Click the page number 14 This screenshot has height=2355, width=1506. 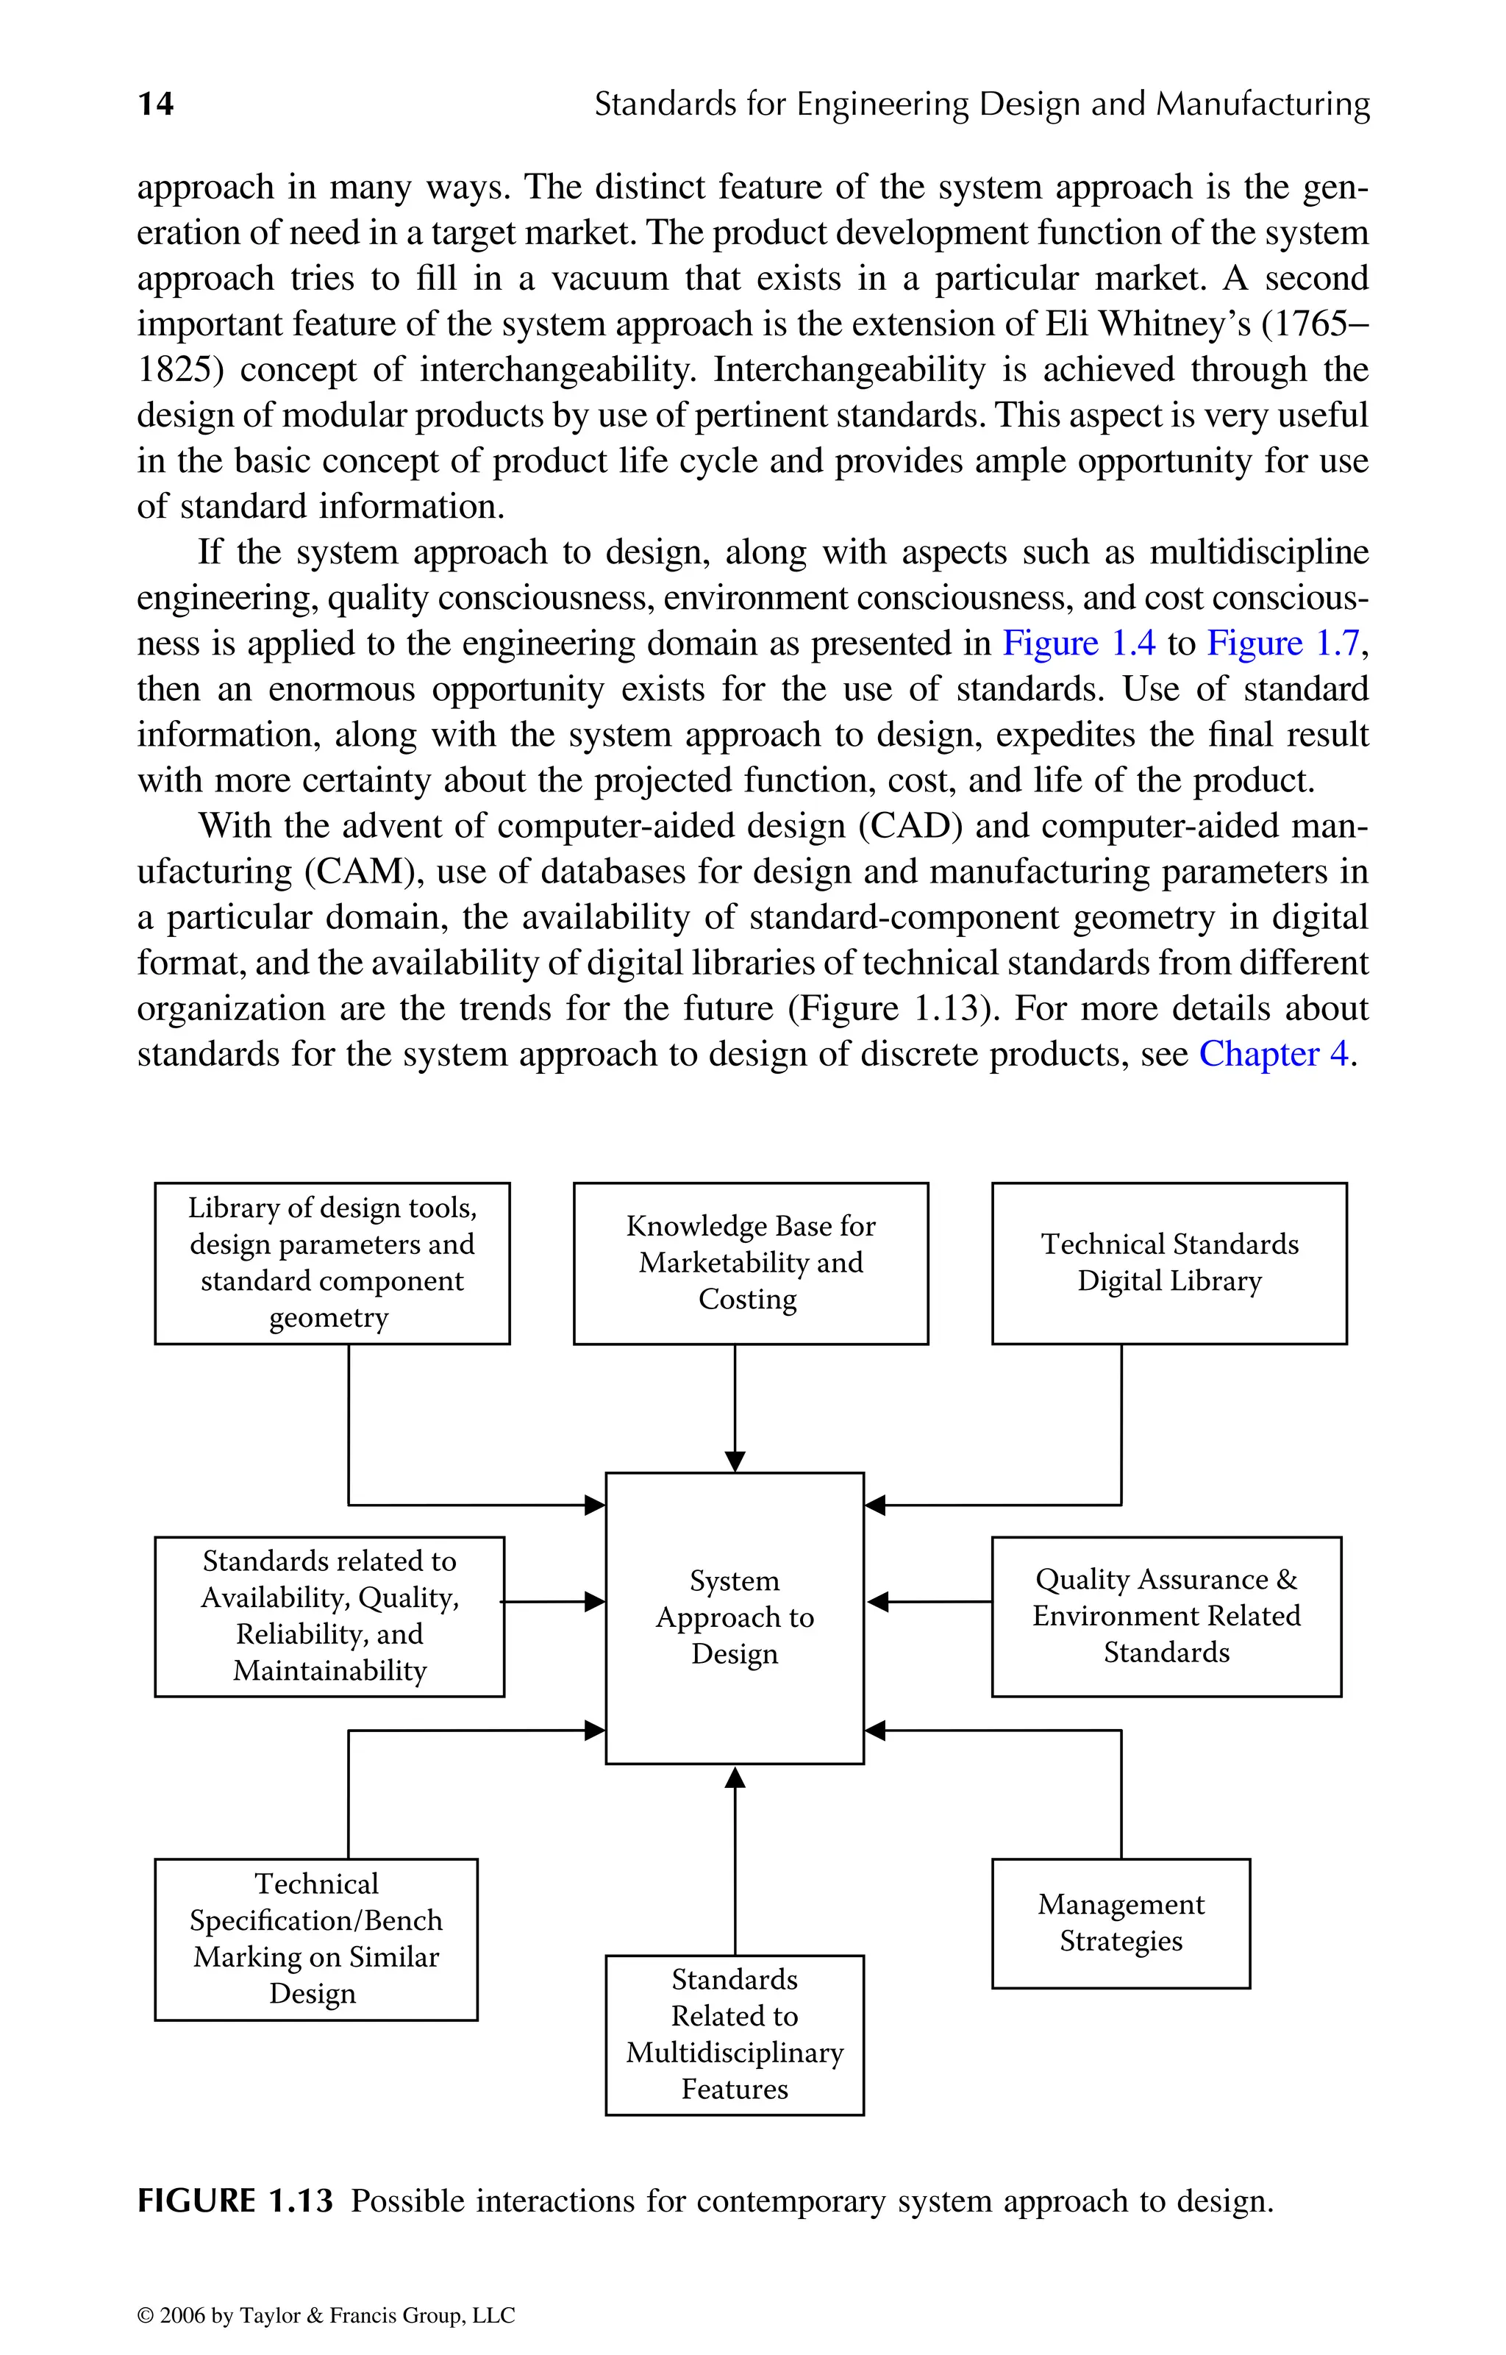point(155,104)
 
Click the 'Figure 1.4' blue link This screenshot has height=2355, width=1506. point(1078,644)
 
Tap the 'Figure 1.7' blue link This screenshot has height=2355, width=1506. point(1283,644)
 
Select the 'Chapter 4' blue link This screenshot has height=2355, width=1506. point(1273,1054)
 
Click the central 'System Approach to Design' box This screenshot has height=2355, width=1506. point(735,1617)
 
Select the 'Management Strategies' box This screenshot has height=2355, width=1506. point(1121,1923)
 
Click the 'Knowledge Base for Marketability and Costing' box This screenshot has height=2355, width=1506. point(750,1263)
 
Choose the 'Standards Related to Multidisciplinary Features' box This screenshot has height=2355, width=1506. point(735,2034)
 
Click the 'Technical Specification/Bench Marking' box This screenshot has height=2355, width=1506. point(316,1939)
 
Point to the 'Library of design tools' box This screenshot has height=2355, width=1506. point(332,1263)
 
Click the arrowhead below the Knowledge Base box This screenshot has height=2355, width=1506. point(735,1461)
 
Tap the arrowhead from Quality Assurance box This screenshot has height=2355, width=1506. point(878,1602)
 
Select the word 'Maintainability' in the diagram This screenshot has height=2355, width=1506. point(329,1670)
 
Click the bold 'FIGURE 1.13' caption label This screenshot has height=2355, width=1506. point(235,2201)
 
